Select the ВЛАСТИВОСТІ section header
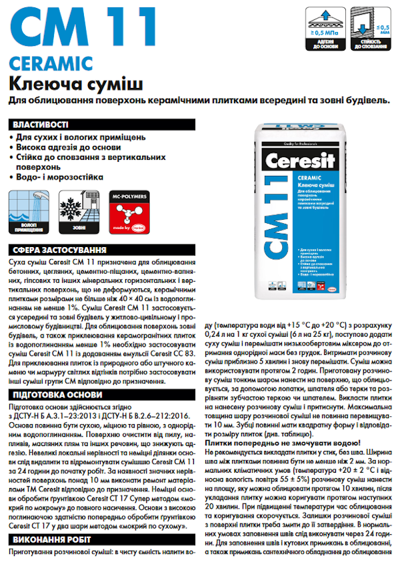pyautogui.click(x=40, y=125)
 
